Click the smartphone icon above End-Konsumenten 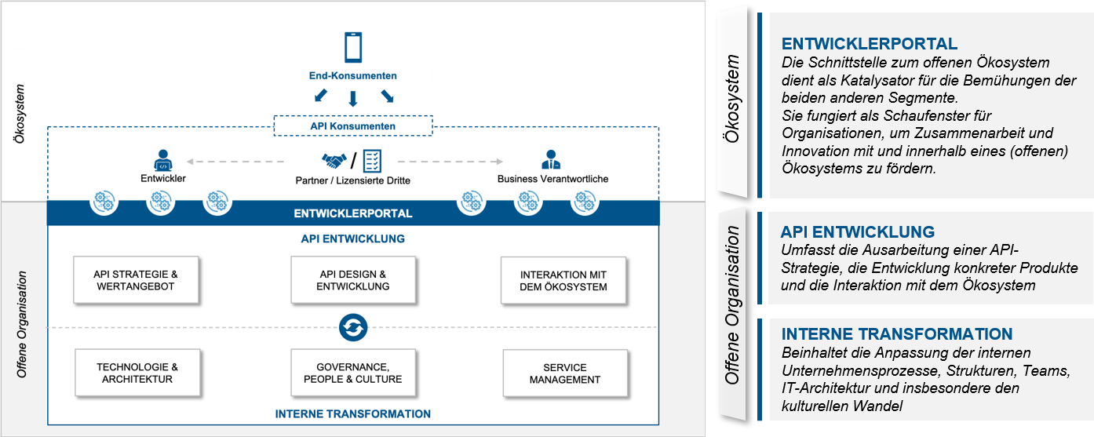353,47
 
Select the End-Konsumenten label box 353,76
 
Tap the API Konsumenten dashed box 353,126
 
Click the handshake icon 334,161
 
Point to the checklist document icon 371,161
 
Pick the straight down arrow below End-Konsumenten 353,98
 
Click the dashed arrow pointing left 235,162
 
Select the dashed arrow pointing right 450,162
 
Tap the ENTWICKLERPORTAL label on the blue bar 353,213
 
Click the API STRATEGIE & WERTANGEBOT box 136,280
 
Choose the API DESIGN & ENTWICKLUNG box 353,280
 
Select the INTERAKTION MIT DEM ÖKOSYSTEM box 563,281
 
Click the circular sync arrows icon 353,327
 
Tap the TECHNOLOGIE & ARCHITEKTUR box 137,373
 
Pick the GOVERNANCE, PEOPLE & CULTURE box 353,373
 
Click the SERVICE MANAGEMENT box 565,373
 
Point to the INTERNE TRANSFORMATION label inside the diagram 353,413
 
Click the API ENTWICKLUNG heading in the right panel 858,232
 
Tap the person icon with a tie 552,161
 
